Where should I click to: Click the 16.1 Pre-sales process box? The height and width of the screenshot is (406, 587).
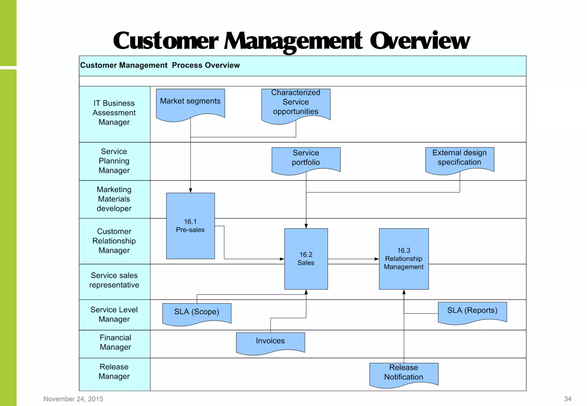(x=190, y=226)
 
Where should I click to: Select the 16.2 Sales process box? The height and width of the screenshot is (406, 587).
(x=306, y=259)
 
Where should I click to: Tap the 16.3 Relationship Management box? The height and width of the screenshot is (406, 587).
(x=404, y=259)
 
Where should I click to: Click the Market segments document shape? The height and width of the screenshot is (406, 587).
(x=190, y=103)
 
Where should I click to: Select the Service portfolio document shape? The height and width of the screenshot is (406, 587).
(x=306, y=159)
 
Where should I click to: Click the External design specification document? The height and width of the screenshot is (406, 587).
(x=459, y=159)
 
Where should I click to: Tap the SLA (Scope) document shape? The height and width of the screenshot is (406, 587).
(x=197, y=312)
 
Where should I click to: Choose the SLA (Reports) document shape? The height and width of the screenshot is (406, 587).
(x=472, y=311)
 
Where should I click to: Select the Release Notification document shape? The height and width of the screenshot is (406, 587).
(x=404, y=373)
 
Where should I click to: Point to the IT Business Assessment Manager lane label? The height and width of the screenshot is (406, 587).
(x=114, y=113)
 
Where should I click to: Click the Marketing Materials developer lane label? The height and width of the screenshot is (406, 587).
(x=114, y=199)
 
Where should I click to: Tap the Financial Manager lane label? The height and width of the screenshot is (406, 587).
(x=115, y=342)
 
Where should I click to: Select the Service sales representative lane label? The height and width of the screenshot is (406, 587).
(x=114, y=280)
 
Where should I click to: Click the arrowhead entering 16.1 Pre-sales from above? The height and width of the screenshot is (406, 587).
(x=190, y=190)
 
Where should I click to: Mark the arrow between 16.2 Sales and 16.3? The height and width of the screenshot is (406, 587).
(x=353, y=259)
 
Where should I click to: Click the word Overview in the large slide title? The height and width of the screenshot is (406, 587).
(x=420, y=41)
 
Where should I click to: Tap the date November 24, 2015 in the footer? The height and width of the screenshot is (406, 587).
(x=73, y=399)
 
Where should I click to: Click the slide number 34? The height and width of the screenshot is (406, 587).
(x=568, y=399)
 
